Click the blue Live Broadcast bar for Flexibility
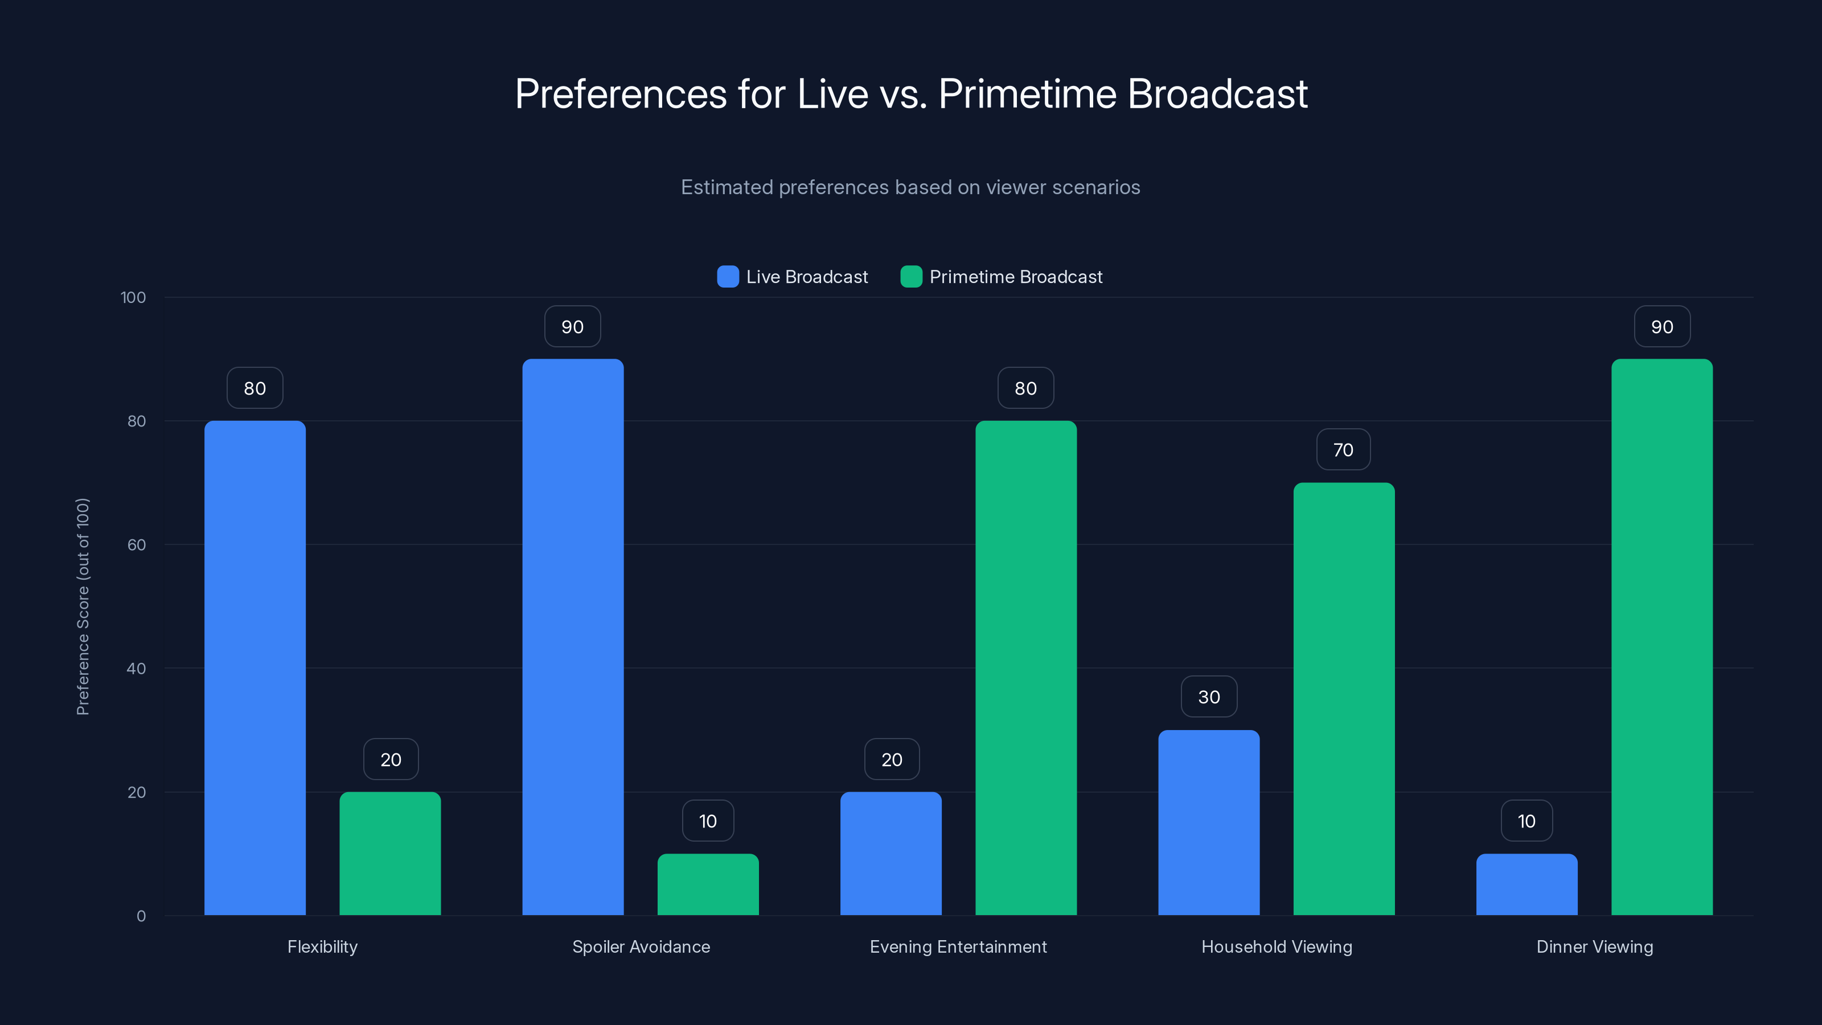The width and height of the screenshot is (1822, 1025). (x=255, y=668)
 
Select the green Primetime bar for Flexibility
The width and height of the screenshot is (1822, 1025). (x=389, y=853)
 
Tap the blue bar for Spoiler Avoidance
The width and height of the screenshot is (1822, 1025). (x=573, y=637)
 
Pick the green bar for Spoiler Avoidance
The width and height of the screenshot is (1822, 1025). (x=708, y=884)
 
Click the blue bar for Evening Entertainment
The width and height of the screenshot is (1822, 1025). (x=891, y=853)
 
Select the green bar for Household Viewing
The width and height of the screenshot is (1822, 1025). (x=1344, y=699)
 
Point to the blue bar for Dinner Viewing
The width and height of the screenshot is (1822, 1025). (x=1526, y=884)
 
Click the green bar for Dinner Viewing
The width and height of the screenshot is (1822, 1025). (x=1661, y=637)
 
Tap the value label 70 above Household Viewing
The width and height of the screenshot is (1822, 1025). (x=1343, y=450)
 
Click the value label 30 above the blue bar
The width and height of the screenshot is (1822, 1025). (x=1209, y=697)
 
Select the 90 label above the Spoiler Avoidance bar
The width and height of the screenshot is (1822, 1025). (x=572, y=327)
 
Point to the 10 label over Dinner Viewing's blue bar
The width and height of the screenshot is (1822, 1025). (x=1526, y=821)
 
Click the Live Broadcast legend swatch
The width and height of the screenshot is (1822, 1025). (x=728, y=277)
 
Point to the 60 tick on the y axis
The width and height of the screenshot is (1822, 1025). (x=137, y=545)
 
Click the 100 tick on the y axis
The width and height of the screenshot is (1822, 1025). (x=133, y=297)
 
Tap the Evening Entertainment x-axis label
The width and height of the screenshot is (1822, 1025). (x=958, y=946)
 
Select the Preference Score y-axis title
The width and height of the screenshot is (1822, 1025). (x=83, y=606)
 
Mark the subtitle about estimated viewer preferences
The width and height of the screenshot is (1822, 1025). (x=910, y=187)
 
